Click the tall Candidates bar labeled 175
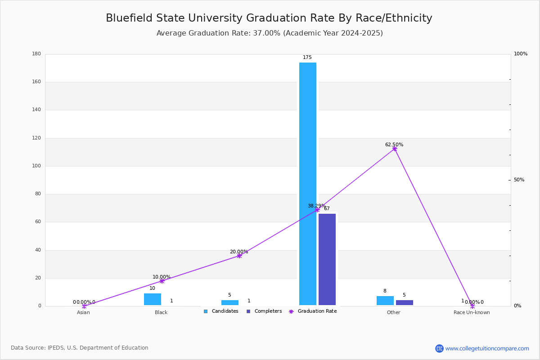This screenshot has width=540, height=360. coord(308,184)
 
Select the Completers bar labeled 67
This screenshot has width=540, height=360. coord(327,259)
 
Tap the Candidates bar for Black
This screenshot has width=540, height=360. coord(153,299)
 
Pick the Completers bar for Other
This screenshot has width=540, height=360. coord(405,302)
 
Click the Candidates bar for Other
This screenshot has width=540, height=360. coord(385,301)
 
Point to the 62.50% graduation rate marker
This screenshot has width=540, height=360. coord(395,149)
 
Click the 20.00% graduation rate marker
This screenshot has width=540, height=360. coord(239,256)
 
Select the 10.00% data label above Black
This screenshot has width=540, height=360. coord(161,277)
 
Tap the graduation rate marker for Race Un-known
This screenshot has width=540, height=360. coord(472,306)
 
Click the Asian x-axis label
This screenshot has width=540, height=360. coord(83,312)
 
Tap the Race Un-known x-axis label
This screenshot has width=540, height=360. coord(472,312)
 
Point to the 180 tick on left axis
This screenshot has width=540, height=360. coord(36,54)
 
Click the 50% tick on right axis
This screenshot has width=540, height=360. coord(519,180)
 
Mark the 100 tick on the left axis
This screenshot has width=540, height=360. coord(36,166)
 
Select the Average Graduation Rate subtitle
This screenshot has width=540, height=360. coord(270,33)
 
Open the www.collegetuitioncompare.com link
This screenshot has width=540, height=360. coord(487,348)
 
